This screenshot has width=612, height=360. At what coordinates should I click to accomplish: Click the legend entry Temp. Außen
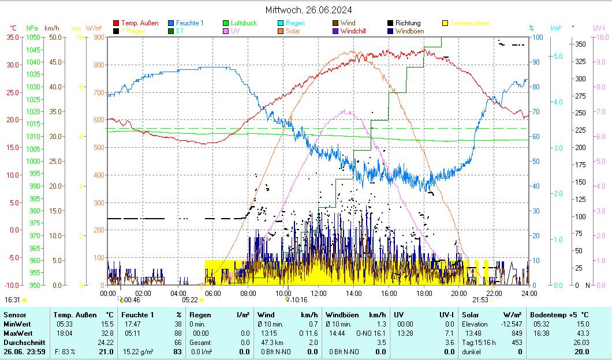click(139, 23)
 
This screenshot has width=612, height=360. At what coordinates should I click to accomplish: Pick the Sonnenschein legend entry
click(469, 23)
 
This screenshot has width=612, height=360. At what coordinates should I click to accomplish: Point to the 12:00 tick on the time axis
click(318, 293)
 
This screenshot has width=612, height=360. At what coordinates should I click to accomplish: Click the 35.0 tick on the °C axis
click(13, 37)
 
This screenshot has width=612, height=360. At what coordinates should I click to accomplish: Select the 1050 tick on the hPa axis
click(33, 37)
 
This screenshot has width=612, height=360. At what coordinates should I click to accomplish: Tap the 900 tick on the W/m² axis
click(99, 37)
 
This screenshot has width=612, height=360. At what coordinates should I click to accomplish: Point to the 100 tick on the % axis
click(536, 37)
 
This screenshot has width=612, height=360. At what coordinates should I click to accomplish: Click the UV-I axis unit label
click(599, 28)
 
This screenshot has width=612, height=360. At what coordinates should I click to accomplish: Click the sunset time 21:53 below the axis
click(480, 300)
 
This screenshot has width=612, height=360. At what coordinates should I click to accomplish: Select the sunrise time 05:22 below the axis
click(190, 300)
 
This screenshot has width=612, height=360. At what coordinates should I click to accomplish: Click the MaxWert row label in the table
click(17, 333)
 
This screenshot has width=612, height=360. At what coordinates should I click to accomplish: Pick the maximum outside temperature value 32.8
click(107, 333)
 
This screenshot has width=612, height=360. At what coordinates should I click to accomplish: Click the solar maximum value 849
click(500, 333)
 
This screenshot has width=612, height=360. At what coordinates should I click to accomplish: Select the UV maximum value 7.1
click(449, 333)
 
